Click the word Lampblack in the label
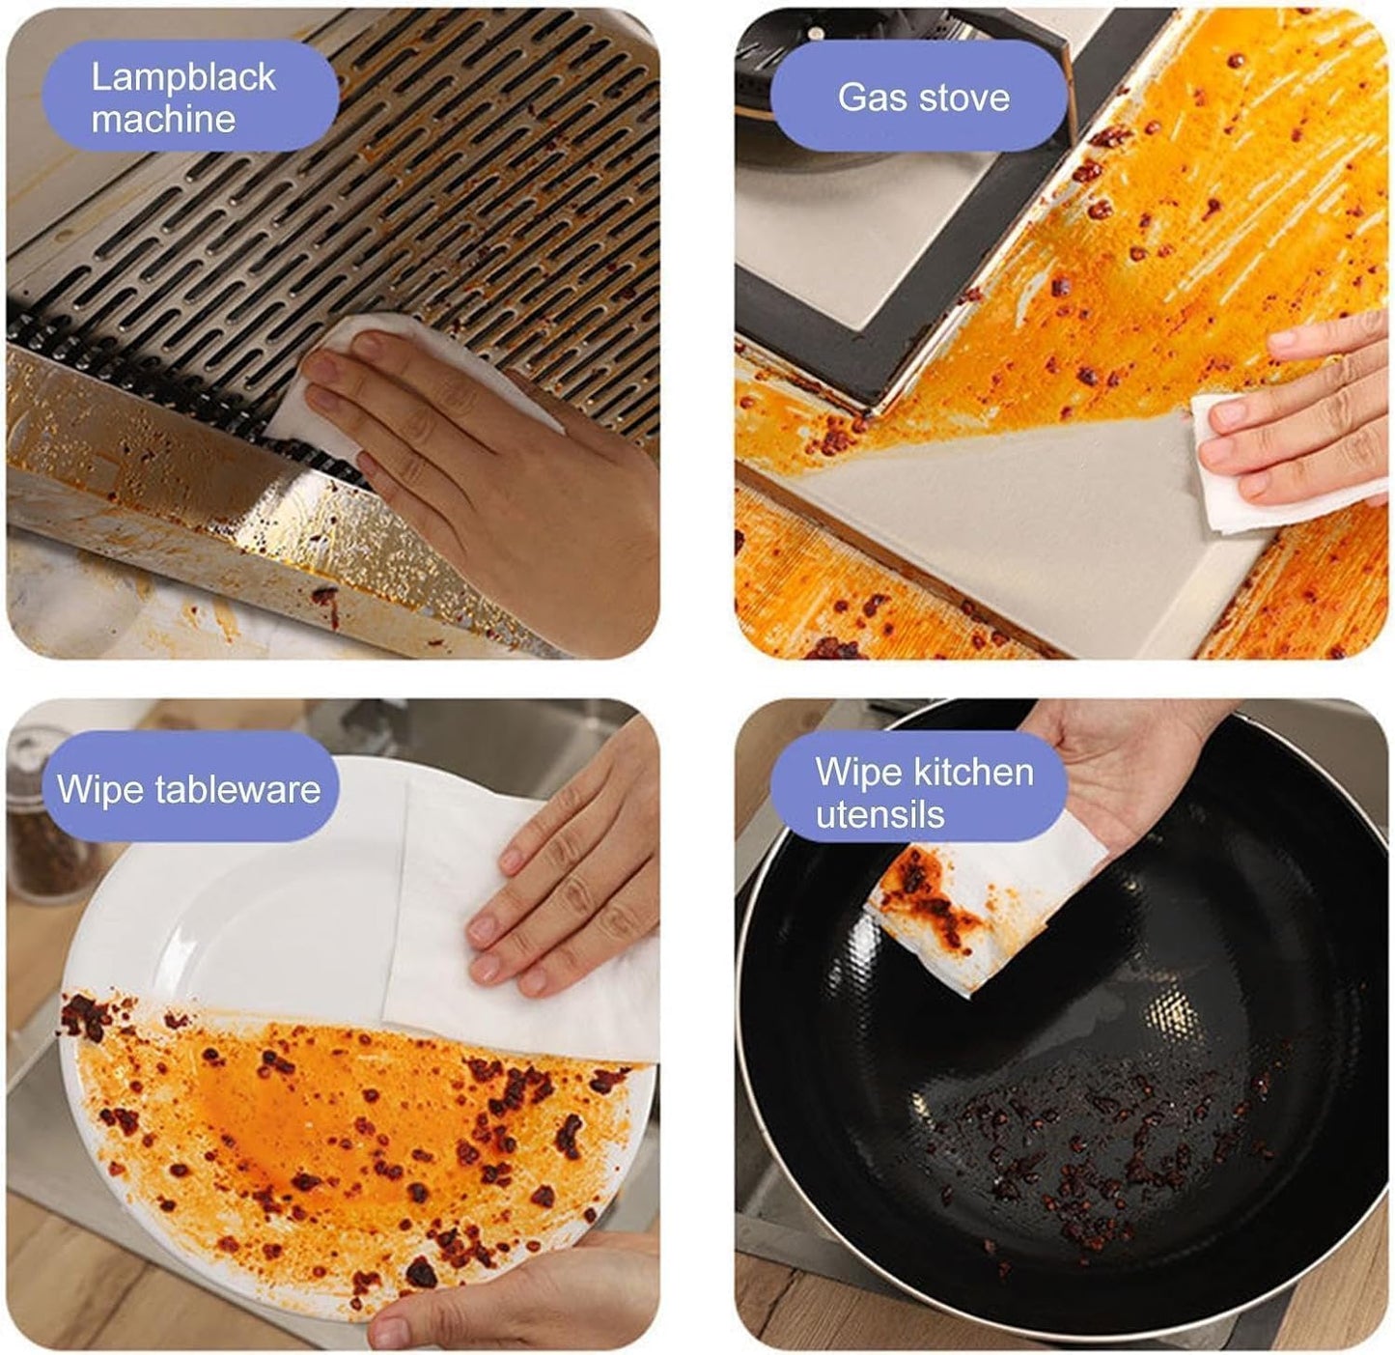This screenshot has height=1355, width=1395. point(183,77)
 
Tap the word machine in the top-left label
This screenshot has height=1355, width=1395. point(163,119)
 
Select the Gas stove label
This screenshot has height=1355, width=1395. point(923,97)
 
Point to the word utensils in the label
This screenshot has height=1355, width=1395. point(879,814)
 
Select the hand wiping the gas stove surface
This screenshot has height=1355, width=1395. point(1303,425)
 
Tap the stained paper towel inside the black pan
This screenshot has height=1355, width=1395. point(956,917)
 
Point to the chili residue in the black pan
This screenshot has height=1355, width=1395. point(1091,1140)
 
